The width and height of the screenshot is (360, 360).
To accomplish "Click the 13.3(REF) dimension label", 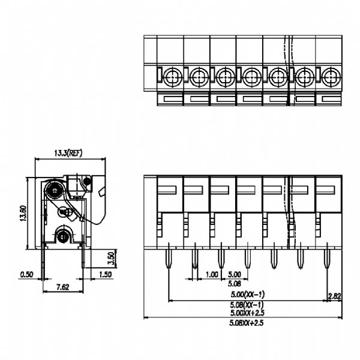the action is click(68, 153).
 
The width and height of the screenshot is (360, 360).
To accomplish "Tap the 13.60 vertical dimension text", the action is click(23, 213).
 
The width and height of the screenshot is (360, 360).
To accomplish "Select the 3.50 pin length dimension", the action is click(112, 258).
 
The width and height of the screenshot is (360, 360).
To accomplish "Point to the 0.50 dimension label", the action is click(26, 274).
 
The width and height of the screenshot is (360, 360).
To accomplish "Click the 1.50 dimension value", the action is click(105, 274).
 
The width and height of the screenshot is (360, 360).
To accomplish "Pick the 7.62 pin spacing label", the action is click(62, 287).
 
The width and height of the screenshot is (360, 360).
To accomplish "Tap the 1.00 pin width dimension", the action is click(211, 274).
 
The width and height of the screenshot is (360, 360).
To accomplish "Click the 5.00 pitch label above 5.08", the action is click(235, 274).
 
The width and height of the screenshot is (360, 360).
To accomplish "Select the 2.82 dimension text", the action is click(335, 296).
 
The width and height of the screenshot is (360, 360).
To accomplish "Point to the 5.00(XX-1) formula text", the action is click(247, 294).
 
